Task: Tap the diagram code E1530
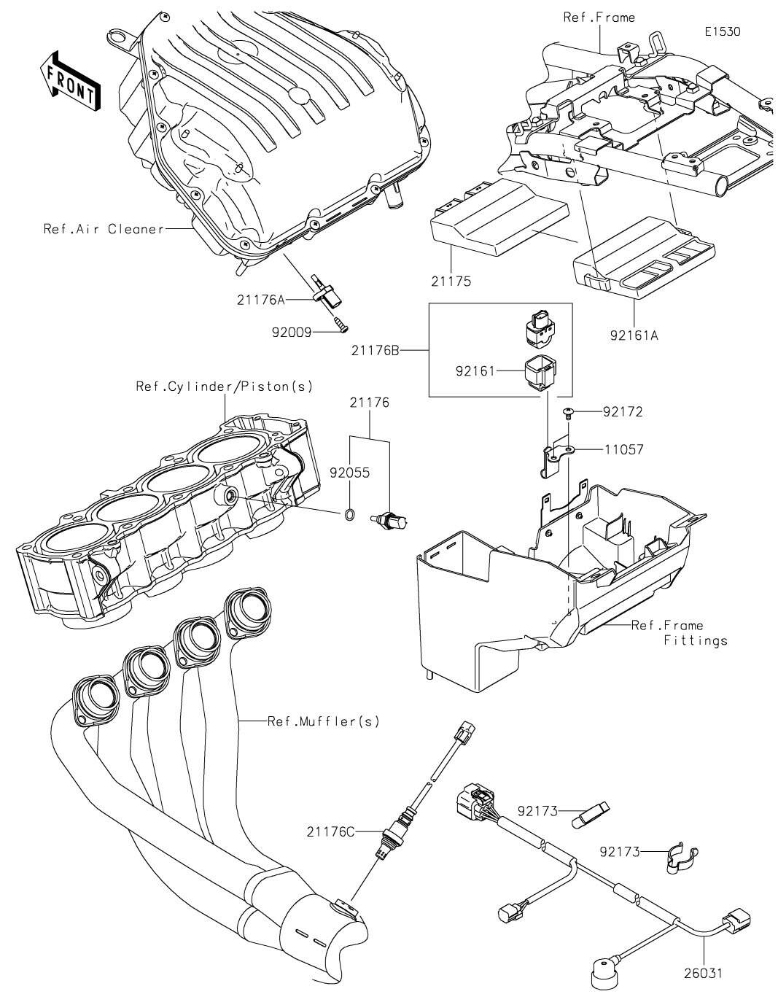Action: pyautogui.click(x=722, y=32)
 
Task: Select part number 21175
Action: pyautogui.click(x=452, y=281)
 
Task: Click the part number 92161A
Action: pyautogui.click(x=634, y=336)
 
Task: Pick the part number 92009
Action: pyautogui.click(x=292, y=332)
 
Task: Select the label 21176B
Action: pyautogui.click(x=375, y=351)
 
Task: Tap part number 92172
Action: pyautogui.click(x=623, y=412)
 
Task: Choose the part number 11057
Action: pyautogui.click(x=623, y=450)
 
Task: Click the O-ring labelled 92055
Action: pyautogui.click(x=349, y=516)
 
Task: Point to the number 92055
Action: pyautogui.click(x=349, y=473)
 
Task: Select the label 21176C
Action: pyautogui.click(x=330, y=831)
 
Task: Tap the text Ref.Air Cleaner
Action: pyautogui.click(x=104, y=229)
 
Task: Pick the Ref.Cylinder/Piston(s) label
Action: pyautogui.click(x=224, y=386)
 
